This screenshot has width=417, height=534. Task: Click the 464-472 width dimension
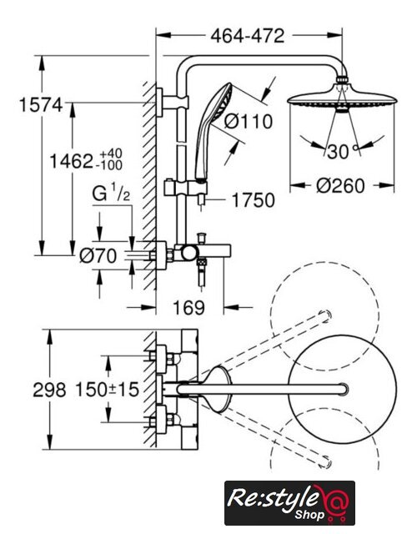click(247, 35)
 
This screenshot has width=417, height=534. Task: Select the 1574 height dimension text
click(41, 104)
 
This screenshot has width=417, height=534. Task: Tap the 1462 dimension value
click(71, 161)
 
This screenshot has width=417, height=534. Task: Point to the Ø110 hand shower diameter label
click(249, 121)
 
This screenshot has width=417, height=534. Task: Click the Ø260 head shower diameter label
click(340, 185)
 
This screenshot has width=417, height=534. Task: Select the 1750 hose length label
click(254, 200)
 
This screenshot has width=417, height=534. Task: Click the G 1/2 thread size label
click(111, 194)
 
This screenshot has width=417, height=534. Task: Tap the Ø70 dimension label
click(98, 256)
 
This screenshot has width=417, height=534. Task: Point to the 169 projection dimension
click(189, 308)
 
